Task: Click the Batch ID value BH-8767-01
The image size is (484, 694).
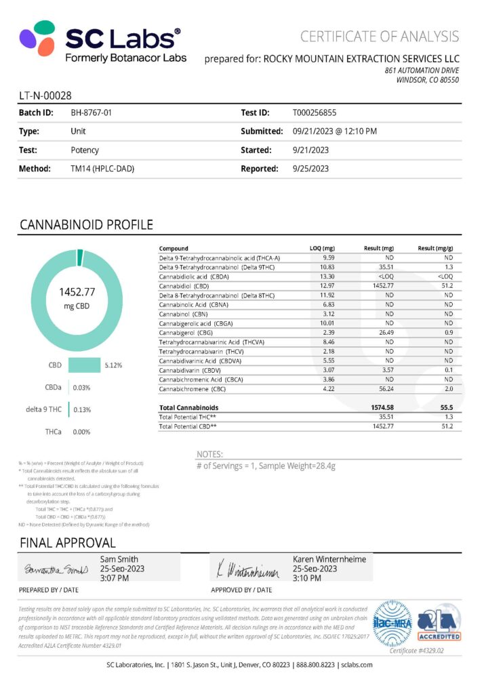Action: [91, 113]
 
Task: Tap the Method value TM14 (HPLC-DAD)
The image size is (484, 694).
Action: [102, 168]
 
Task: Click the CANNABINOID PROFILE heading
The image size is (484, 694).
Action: [86, 224]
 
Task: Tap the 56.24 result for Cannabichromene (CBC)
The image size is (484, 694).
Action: [384, 389]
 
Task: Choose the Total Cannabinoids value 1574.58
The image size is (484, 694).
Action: [383, 407]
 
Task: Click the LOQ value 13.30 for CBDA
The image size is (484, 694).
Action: [328, 277]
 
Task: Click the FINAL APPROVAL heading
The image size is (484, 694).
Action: [68, 543]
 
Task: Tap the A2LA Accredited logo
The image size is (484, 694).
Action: [439, 622]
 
